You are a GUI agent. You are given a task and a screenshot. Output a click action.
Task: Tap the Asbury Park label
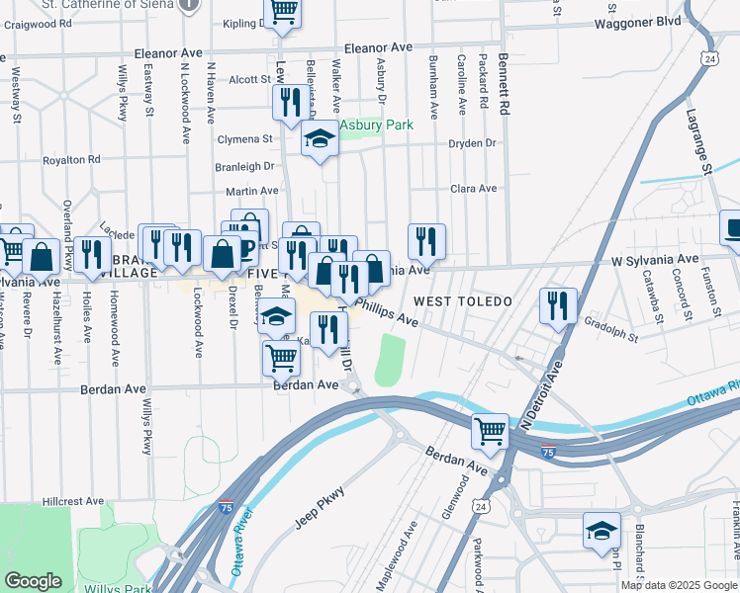[376, 126]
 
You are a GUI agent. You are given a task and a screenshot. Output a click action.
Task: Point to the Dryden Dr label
[471, 143]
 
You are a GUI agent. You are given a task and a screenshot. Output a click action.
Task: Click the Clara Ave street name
[473, 188]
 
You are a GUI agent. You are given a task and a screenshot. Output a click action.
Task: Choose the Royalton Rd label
[72, 159]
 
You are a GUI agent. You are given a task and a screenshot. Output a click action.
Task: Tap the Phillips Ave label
[392, 312]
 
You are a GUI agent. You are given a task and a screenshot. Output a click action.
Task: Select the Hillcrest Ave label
[73, 501]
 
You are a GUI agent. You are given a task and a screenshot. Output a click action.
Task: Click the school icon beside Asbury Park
[320, 139]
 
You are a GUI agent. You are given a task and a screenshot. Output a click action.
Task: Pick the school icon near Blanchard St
[601, 531]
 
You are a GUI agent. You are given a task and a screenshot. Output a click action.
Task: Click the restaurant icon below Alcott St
[290, 103]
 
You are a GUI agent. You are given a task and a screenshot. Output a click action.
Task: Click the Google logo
[33, 581]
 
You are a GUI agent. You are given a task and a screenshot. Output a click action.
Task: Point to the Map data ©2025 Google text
[679, 585]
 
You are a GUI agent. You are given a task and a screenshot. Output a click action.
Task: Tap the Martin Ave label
[252, 190]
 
